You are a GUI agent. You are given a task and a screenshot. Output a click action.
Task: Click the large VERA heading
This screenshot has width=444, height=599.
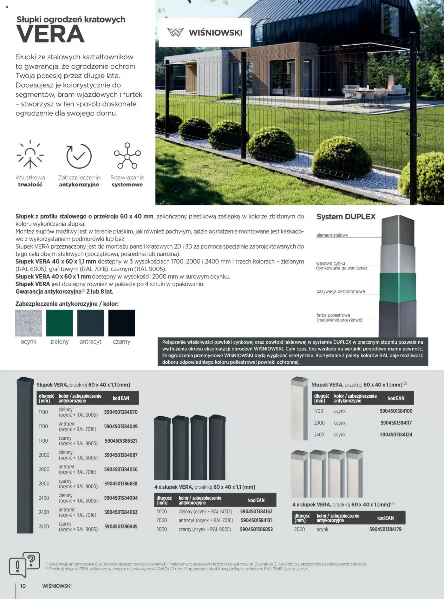pos(50,34)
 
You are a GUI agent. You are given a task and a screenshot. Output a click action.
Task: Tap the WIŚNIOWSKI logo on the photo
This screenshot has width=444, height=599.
pos(205,32)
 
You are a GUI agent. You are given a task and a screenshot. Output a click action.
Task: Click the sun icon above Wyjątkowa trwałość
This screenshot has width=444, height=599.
pos(30,155)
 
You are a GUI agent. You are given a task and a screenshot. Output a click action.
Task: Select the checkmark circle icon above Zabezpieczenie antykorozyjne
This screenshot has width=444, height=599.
pos(79,156)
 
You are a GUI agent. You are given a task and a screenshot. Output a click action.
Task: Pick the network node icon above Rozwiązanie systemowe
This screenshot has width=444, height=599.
pos(127,155)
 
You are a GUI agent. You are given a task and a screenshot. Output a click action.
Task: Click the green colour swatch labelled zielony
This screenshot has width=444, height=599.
pos(59,323)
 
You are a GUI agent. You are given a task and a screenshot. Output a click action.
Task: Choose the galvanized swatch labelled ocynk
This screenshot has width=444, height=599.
pos(28,323)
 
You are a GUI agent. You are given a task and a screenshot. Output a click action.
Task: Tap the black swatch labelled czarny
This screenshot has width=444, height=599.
pos(122,323)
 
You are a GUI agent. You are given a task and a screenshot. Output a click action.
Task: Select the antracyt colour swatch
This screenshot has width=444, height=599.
pos(90,323)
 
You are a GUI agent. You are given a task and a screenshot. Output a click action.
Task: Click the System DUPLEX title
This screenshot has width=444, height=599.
pos(346,217)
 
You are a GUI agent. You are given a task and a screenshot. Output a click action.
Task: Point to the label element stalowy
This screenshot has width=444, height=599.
pos(332,235)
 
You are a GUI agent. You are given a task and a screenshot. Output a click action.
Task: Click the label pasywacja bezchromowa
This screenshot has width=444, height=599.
pos(340,291)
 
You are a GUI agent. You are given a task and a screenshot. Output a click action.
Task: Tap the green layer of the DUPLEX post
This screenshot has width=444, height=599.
pos(398,288)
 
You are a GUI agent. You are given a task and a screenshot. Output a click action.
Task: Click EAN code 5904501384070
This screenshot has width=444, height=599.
pos(121,412)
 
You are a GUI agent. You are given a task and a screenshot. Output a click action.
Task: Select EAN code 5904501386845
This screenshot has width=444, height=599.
pos(121,527)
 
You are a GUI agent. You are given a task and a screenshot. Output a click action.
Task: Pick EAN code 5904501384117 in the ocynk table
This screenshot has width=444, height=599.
pos(396,423)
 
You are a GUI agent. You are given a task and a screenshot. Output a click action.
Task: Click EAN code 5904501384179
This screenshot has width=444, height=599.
pos(385,530)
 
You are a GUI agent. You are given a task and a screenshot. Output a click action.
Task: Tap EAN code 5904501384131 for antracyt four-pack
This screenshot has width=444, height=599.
pos(256,521)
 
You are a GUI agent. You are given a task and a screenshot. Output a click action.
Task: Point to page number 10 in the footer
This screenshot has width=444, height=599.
pos(23,586)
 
